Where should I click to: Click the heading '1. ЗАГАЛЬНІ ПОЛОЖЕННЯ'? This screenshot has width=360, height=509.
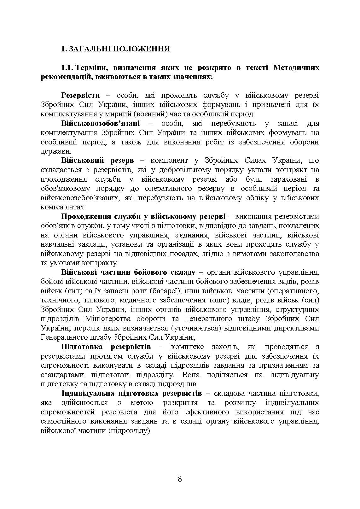pos(115,49)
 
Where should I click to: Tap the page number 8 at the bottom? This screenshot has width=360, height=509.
pos(180,479)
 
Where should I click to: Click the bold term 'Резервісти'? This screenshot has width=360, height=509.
pos(81,95)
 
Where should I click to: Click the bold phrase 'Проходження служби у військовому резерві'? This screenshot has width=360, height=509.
pos(143,217)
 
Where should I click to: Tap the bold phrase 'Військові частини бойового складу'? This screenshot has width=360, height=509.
pos(128,272)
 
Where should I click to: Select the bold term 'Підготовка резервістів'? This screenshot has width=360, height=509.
pos(106,347)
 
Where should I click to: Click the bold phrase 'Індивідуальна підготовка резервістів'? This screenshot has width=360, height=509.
pos(131,393)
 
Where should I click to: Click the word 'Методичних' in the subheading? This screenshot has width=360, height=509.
pos(296,67)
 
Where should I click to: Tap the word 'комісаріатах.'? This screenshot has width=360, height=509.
pos(63,207)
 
